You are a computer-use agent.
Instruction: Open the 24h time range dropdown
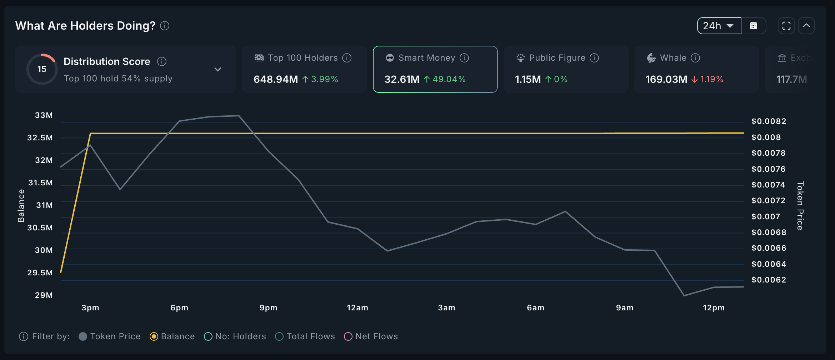click(719, 26)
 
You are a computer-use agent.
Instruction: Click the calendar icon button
click(754, 26)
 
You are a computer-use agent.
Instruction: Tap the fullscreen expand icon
click(786, 26)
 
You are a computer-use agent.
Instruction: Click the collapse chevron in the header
click(806, 26)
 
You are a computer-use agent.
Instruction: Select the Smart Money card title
click(426, 58)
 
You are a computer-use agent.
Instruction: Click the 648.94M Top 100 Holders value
click(275, 79)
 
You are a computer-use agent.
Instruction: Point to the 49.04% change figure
click(449, 79)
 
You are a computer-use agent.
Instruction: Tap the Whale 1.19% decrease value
click(711, 79)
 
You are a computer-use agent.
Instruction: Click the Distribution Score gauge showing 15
click(42, 69)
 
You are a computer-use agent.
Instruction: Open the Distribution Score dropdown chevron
click(218, 69)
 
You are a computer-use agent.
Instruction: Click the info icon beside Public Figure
click(594, 58)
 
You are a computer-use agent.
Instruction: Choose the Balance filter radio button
click(154, 336)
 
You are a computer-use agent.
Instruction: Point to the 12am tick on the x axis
click(357, 308)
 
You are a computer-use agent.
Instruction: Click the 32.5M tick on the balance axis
click(40, 138)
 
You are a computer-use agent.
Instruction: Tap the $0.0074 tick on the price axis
click(768, 185)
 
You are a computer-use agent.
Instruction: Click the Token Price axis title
click(800, 206)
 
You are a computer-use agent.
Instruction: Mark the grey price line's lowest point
click(684, 296)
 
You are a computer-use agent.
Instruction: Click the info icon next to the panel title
click(165, 26)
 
